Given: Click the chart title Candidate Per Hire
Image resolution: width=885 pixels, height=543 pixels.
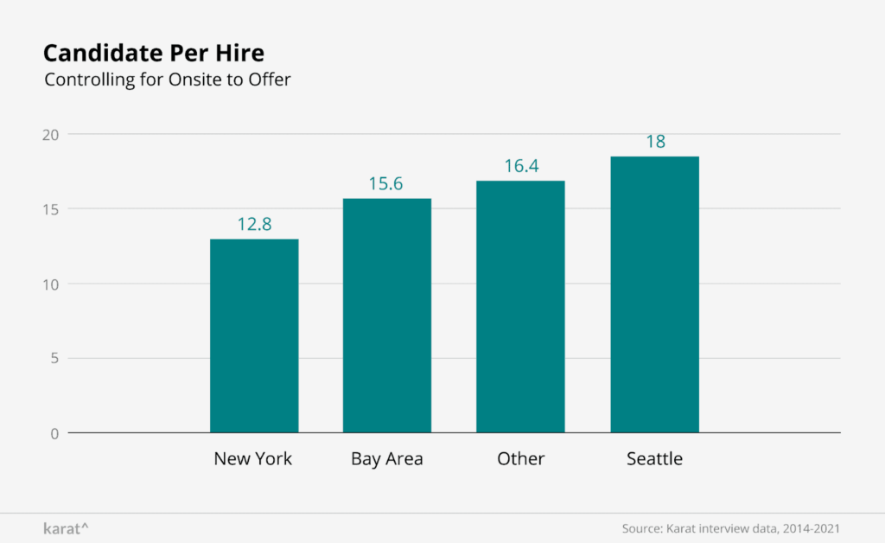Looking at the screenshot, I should point(153,53).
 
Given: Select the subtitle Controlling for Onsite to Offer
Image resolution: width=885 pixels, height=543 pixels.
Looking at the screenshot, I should point(168,80).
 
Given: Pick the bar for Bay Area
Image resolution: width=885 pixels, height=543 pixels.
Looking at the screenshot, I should point(387,316).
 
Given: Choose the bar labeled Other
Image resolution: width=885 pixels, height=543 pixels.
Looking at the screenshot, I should point(520,306).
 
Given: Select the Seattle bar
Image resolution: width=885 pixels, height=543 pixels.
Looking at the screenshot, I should point(654,294).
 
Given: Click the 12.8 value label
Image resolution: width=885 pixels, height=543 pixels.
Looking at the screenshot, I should point(254,224).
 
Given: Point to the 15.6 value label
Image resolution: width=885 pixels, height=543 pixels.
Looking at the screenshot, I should point(387,184).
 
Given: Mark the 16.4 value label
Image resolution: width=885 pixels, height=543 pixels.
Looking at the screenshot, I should point(521,166).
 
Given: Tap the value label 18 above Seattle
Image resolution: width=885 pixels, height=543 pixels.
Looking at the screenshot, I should point(655,142).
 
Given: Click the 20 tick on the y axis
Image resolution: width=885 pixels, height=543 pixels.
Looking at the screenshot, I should point(51,135).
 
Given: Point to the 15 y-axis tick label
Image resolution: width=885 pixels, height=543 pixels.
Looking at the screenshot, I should point(51,209).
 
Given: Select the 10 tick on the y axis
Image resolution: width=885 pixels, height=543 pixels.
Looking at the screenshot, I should point(51,284).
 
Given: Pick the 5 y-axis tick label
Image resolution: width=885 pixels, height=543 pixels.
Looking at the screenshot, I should point(54,358).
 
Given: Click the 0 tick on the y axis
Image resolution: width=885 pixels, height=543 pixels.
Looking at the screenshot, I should point(54,433).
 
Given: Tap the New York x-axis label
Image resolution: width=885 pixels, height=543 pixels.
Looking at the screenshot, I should point(253,459).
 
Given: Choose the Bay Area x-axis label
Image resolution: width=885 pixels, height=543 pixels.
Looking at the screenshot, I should point(387,459).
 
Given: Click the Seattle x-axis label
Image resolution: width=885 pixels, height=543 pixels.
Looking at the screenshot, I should point(654,459).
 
